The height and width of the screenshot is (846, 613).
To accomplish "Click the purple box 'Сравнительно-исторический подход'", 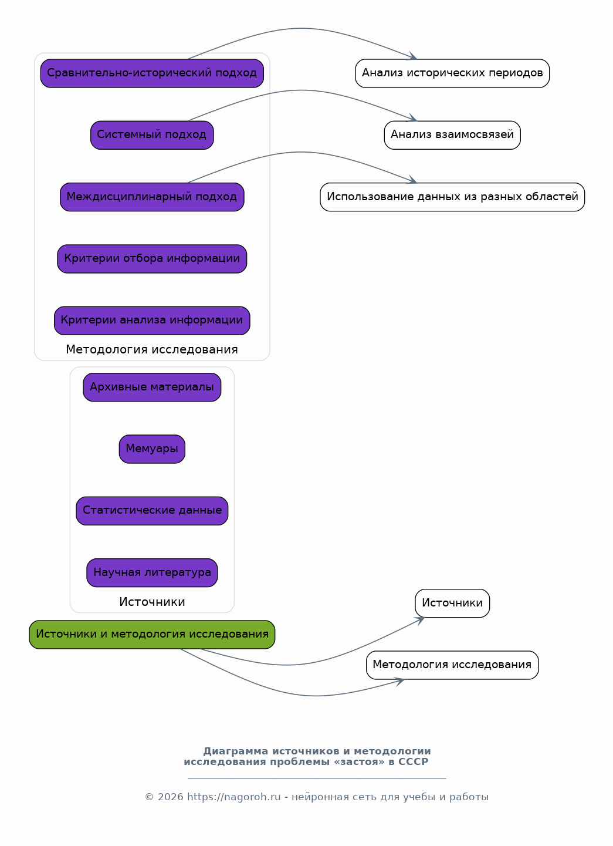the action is pos(152,73).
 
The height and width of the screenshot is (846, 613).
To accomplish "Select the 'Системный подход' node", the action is pos(152,135).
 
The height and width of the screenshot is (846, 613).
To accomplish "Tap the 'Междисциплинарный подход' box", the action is pos(152,197).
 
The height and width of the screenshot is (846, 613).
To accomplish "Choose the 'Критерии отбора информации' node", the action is pos(152,259).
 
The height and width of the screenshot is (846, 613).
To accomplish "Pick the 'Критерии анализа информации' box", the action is pos(152,321).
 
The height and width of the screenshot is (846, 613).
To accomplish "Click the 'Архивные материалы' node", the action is pos(152,387).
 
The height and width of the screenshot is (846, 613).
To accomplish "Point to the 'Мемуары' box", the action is pos(152,449).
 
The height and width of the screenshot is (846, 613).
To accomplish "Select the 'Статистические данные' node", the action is pos(152,511).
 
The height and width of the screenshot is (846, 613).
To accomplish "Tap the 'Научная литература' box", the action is pos(152,573).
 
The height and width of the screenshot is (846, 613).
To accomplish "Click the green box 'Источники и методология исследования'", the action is pos(152,635).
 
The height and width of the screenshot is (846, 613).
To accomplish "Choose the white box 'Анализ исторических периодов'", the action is pos(452,73).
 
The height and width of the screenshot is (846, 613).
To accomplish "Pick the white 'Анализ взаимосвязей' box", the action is pos(452,135).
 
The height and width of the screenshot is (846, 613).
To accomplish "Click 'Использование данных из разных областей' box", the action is pos(452,197).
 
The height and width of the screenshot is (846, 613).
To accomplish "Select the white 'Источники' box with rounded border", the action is pos(452,604).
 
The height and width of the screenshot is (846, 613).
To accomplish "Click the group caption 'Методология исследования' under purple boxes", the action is pos(152,350).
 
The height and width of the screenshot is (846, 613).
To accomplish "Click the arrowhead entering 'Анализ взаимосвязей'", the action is pos(412,118).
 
